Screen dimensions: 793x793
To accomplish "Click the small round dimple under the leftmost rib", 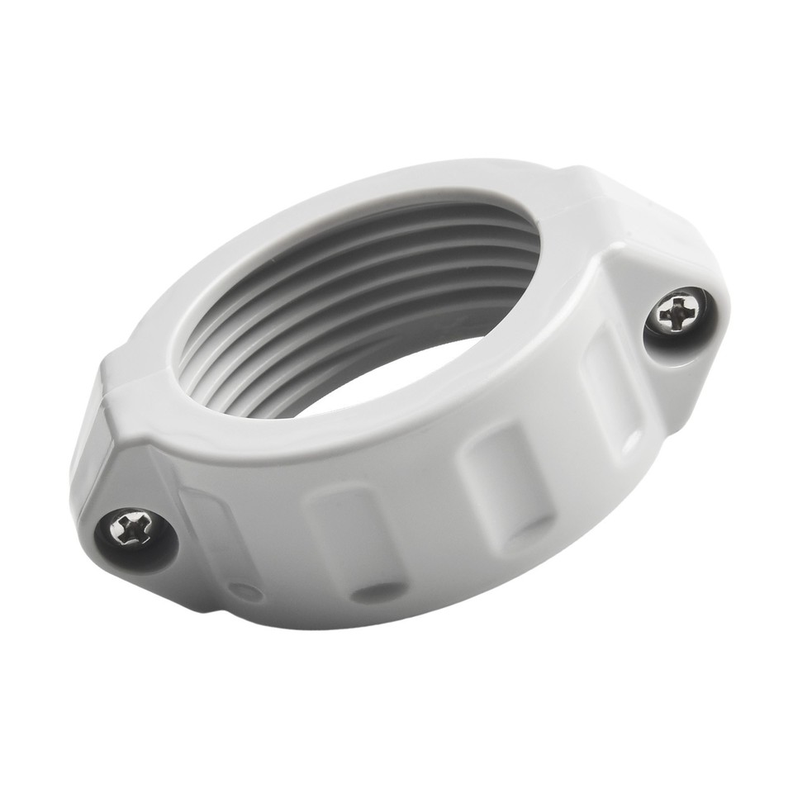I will click(x=245, y=591).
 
